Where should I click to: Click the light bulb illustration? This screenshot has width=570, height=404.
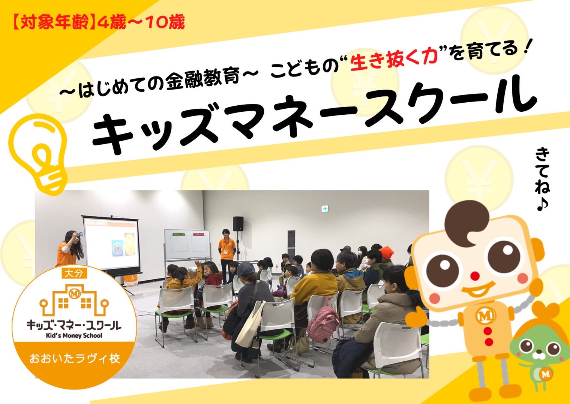[38, 153]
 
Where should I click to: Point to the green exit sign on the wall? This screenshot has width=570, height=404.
[325, 209]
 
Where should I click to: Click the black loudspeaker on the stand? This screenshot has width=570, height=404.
[238, 224]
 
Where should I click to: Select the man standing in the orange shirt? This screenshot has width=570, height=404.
[227, 256]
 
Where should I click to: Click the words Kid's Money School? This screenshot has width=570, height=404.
[74, 335]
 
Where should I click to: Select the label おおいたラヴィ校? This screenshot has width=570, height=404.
[75, 359]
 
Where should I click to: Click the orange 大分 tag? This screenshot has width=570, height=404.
[75, 274]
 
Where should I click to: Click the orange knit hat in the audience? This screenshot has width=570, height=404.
[386, 252]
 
